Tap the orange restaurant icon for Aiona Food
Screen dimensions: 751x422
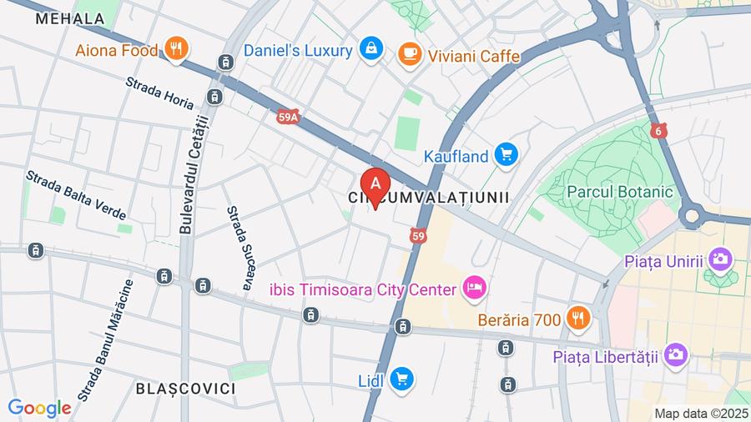[x=175, y=50]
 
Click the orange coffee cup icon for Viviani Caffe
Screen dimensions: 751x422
[x=410, y=55]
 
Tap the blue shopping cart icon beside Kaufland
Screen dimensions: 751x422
[x=506, y=155]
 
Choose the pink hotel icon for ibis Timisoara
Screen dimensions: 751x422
[x=475, y=289]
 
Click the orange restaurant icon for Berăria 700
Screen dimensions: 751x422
[x=578, y=318]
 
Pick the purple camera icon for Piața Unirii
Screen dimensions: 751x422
[x=718, y=259]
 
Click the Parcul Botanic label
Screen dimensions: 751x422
[x=619, y=192]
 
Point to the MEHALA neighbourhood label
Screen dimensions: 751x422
[x=70, y=18]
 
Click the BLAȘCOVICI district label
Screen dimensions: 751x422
[x=185, y=389]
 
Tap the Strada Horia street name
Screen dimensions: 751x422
[x=159, y=93]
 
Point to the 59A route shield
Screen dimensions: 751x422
[x=288, y=118]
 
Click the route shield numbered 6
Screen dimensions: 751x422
[x=658, y=131]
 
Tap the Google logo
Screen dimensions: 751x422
[x=39, y=408]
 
